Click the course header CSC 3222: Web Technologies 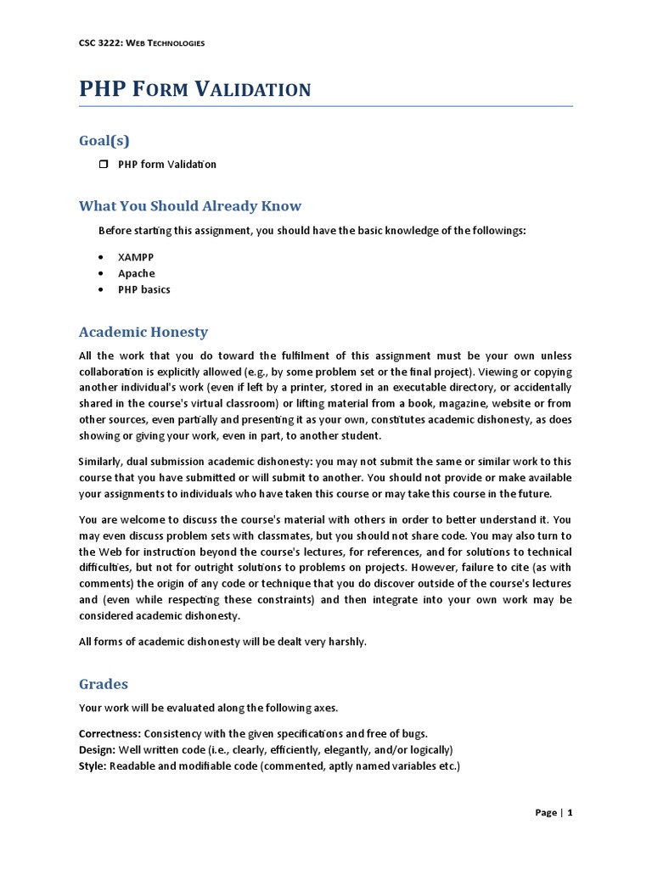point(141,43)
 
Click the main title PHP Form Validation point(194,88)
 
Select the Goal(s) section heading point(104,140)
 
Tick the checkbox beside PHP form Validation point(104,164)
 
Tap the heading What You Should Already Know point(189,205)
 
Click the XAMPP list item point(136,256)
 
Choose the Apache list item point(136,273)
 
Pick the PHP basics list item point(143,289)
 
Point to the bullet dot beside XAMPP point(102,256)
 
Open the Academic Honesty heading point(143,332)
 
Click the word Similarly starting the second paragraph point(100,461)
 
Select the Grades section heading point(103,683)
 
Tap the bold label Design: point(97,750)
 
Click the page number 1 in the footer point(570,813)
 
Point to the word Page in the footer point(546,813)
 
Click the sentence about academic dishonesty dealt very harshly point(222,642)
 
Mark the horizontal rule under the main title point(326,107)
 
